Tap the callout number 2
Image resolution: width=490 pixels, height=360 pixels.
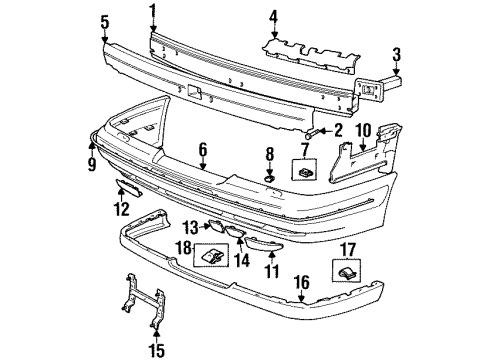[x=337, y=130]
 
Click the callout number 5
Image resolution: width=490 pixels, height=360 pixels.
[x=106, y=19]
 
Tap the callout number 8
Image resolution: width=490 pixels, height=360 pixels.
[x=268, y=154]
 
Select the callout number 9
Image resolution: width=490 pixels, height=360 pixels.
[x=92, y=153]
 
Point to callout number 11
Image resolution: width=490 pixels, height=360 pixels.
[x=270, y=271]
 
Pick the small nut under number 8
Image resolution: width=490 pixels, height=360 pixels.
[x=269, y=177]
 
